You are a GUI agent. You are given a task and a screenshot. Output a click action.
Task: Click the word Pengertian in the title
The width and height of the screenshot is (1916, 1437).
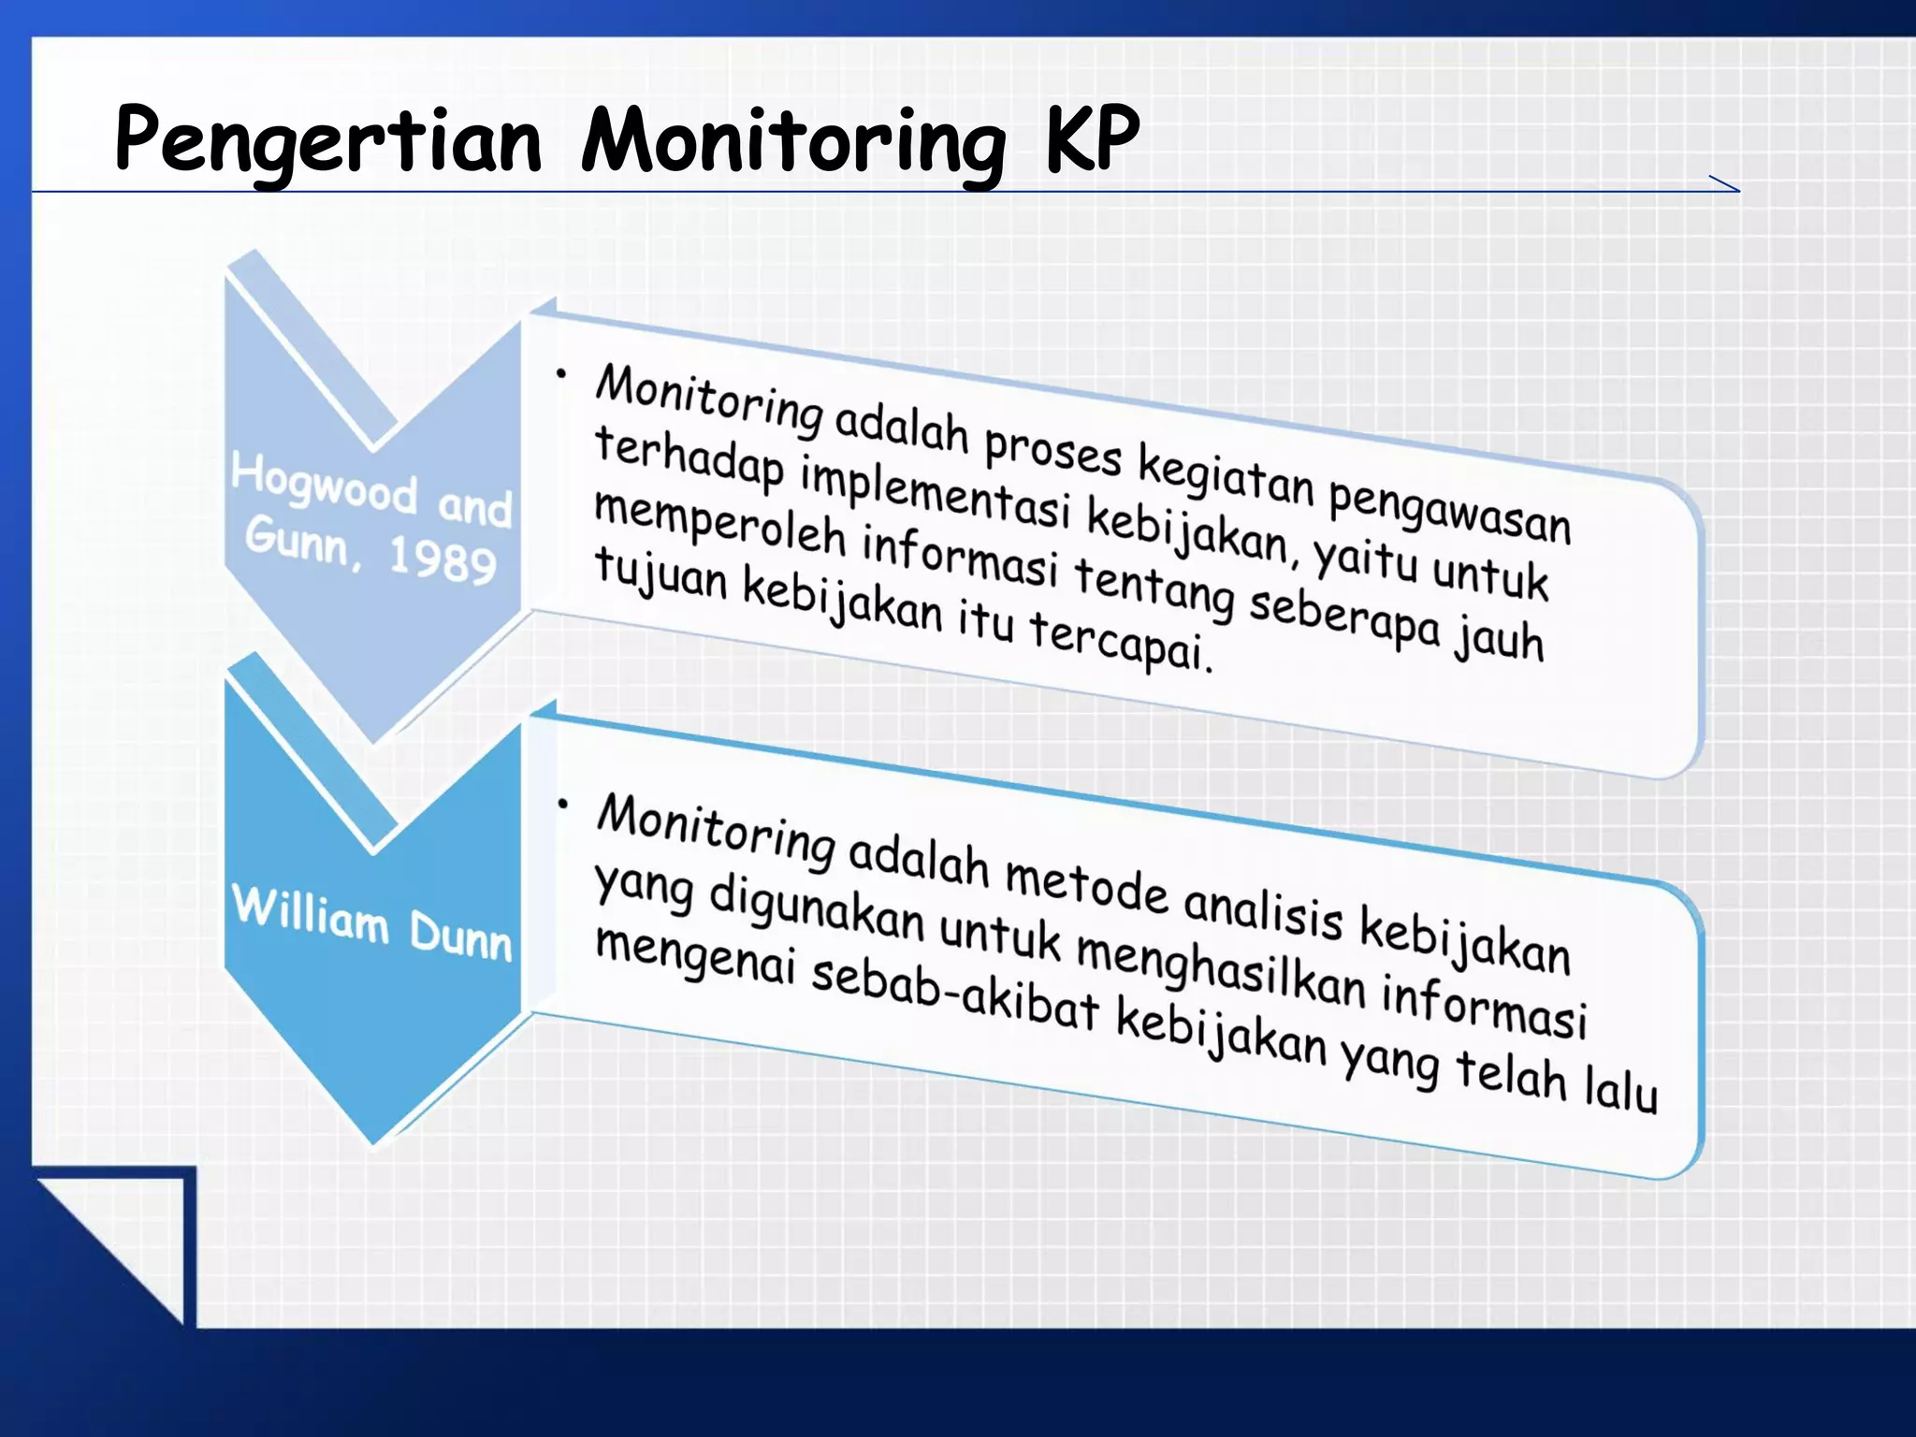click(327, 140)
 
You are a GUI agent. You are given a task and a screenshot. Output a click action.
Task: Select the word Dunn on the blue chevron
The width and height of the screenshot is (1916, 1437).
click(460, 936)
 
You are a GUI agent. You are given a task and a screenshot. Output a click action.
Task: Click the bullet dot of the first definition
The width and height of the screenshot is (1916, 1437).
click(560, 375)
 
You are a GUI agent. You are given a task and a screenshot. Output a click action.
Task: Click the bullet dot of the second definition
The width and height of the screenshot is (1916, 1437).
click(562, 803)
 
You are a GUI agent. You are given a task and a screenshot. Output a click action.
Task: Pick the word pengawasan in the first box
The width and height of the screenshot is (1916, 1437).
click(1449, 510)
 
